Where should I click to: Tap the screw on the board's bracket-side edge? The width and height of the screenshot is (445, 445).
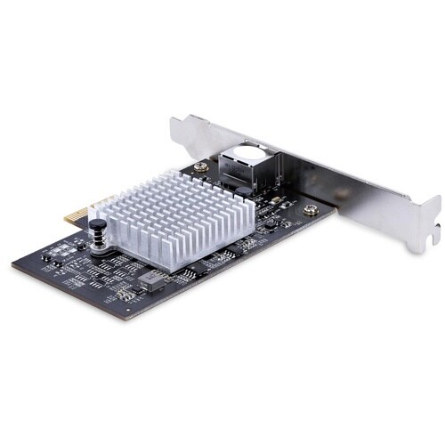coord(310,211)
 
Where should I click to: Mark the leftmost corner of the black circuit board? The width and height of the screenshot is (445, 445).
coord(12,264)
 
